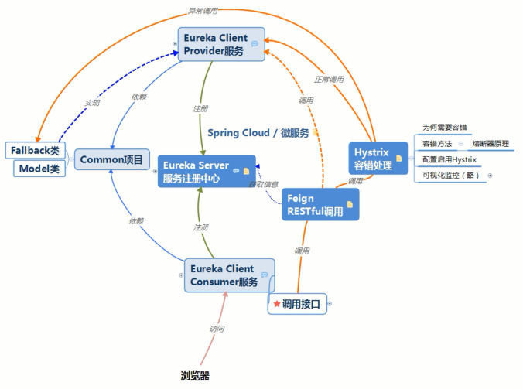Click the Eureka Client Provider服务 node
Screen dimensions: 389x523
click(220, 44)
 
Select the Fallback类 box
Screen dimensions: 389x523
click(36, 149)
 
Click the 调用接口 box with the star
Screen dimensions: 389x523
click(297, 305)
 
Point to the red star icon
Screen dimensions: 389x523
click(276, 305)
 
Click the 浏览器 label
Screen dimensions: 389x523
click(195, 376)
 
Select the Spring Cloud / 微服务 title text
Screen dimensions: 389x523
click(258, 133)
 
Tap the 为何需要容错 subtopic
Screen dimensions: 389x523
click(444, 128)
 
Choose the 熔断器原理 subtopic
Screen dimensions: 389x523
click(490, 144)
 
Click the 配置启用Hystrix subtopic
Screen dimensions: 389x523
click(449, 159)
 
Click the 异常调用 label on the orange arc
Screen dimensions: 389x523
click(203, 11)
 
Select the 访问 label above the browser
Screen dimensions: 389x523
click(217, 329)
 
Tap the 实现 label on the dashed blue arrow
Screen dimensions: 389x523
click(92, 102)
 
